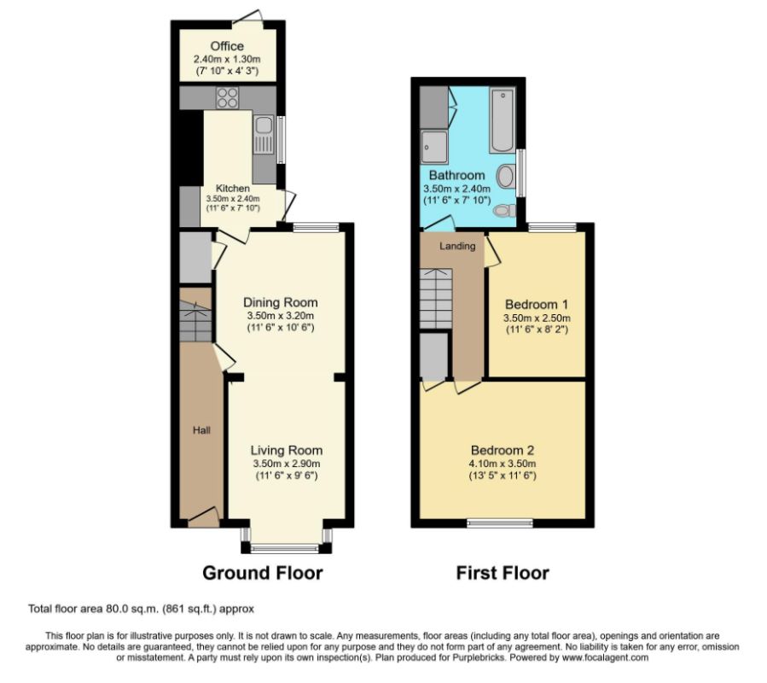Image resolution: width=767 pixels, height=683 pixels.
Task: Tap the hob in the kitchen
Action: click(x=228, y=98)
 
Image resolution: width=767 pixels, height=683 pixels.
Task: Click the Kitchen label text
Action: click(x=233, y=189)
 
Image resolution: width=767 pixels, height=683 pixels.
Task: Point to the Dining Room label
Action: click(x=280, y=302)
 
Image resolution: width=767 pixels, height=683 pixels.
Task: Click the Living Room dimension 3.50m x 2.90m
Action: click(x=286, y=464)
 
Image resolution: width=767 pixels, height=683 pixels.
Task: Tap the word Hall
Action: click(x=201, y=430)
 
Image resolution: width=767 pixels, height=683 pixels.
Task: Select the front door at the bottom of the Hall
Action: click(x=203, y=515)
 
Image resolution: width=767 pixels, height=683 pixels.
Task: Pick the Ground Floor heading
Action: click(x=262, y=573)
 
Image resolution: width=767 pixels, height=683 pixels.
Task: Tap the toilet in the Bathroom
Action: click(x=506, y=210)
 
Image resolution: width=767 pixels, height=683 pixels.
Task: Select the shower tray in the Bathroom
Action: click(x=434, y=147)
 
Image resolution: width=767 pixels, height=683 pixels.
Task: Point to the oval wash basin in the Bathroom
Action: click(x=505, y=177)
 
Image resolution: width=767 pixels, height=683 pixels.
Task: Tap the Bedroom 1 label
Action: click(x=536, y=305)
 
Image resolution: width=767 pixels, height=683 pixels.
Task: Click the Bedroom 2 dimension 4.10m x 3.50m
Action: click(x=503, y=464)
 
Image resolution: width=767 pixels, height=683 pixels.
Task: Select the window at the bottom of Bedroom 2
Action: click(x=501, y=522)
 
